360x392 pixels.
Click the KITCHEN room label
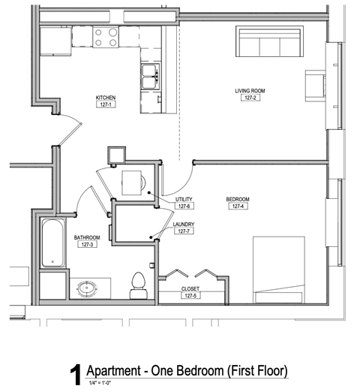pyautogui.click(x=105, y=98)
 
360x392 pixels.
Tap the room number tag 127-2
pyautogui.click(x=250, y=99)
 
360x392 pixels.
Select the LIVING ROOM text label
pyautogui.click(x=250, y=91)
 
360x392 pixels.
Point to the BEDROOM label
pyautogui.click(x=238, y=199)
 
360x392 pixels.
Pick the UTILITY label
pyautogui.click(x=184, y=199)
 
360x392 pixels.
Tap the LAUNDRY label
pyautogui.click(x=184, y=224)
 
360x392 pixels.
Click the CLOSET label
pyautogui.click(x=190, y=288)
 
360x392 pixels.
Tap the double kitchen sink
pyautogui.click(x=148, y=73)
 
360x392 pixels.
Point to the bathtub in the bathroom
pyautogui.click(x=52, y=243)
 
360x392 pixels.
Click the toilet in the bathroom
pyautogui.click(x=137, y=283)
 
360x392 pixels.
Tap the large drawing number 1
pyautogui.click(x=75, y=375)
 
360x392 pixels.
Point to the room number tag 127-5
pyautogui.click(x=190, y=296)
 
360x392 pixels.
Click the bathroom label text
pyautogui.click(x=86, y=237)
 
